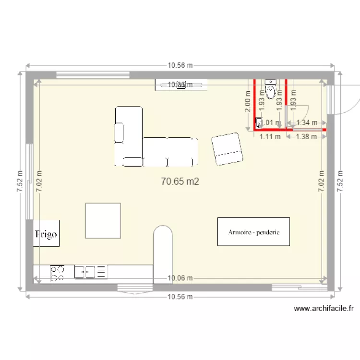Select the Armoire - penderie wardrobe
[254, 232]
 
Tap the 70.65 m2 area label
[180, 181]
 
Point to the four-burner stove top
[58, 273]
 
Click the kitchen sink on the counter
[91, 272]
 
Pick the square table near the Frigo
[103, 220]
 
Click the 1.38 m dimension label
[307, 136]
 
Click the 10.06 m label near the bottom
[180, 278]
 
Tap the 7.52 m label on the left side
[20, 181]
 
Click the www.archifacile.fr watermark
[324, 309]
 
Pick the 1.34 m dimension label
[307, 122]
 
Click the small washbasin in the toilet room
[259, 123]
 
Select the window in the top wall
[93, 74]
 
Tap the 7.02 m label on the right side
[321, 181]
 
